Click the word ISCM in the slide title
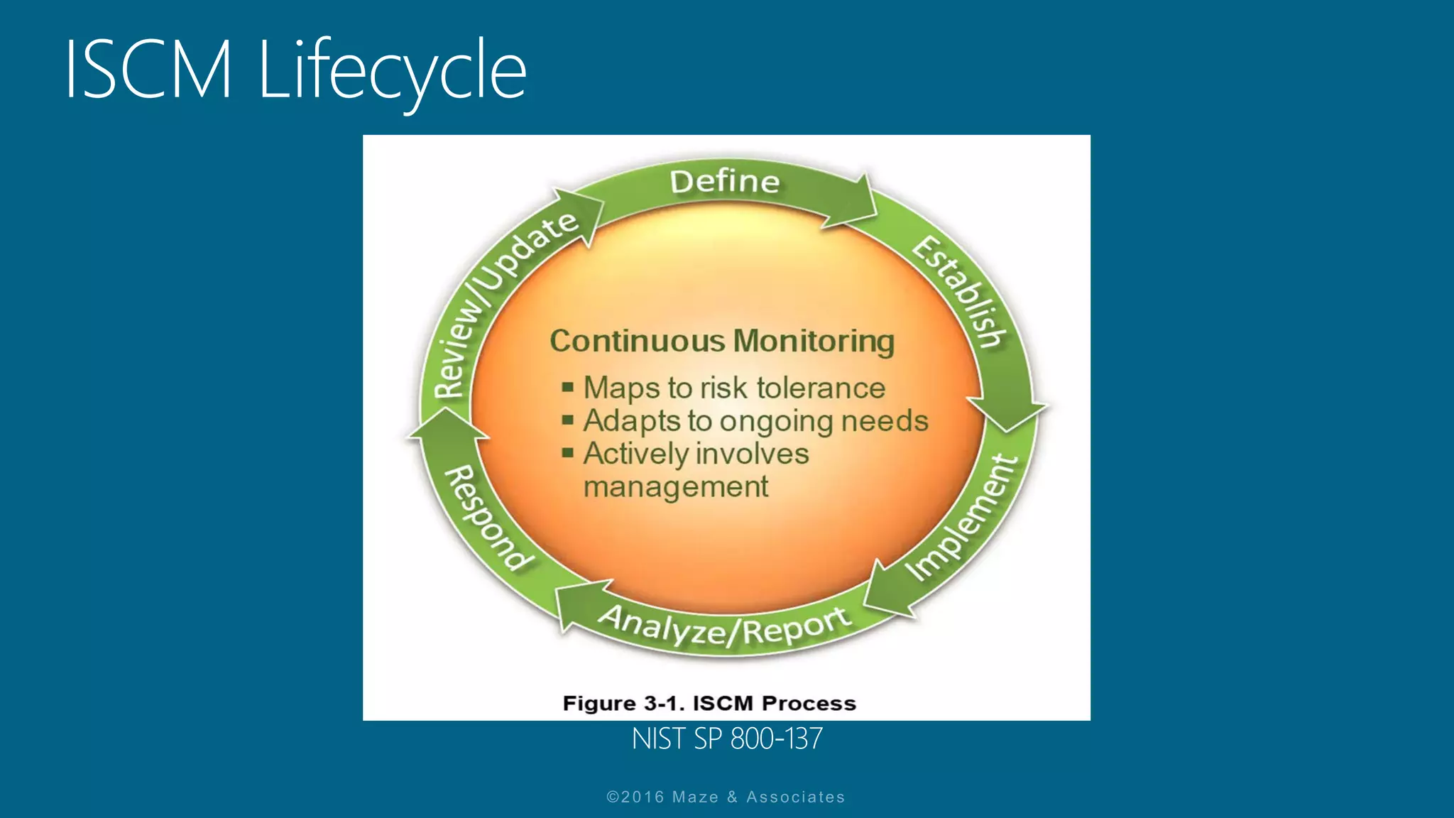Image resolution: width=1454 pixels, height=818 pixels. tap(148, 70)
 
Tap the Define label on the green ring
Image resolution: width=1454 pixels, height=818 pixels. tap(725, 182)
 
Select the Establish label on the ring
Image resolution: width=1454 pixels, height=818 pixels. tap(960, 292)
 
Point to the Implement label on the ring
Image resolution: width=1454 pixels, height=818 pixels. tap(963, 518)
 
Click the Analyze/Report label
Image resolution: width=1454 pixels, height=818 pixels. tap(725, 626)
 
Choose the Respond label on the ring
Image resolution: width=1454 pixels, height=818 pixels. tap(488, 518)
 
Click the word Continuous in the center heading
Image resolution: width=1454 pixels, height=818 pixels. tap(637, 341)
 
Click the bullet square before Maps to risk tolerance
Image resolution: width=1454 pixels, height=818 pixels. tap(567, 387)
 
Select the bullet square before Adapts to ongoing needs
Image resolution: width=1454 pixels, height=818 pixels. tap(567, 420)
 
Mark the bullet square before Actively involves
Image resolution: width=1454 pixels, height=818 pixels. tap(567, 452)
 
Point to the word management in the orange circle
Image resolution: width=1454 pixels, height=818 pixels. tap(675, 487)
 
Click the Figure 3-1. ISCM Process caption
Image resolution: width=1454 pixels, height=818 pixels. tap(709, 703)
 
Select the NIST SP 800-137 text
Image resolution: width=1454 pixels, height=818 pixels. tap(727, 739)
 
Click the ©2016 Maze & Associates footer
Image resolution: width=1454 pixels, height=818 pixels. tap(726, 797)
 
